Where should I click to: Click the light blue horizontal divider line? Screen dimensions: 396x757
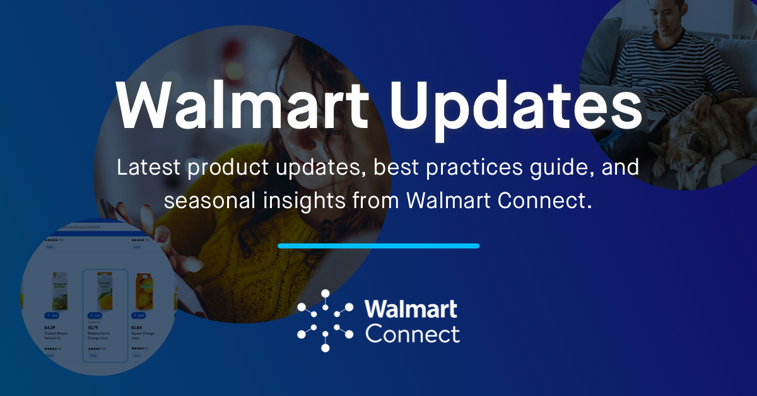[378, 246]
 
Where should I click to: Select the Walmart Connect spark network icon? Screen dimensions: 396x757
[325, 320]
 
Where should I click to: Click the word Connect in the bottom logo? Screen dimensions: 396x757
[413, 333]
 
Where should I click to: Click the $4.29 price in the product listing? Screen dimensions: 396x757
[50, 328]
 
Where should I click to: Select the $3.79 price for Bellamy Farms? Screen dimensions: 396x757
[93, 328]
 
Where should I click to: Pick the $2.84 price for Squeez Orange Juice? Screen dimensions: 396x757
[136, 328]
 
